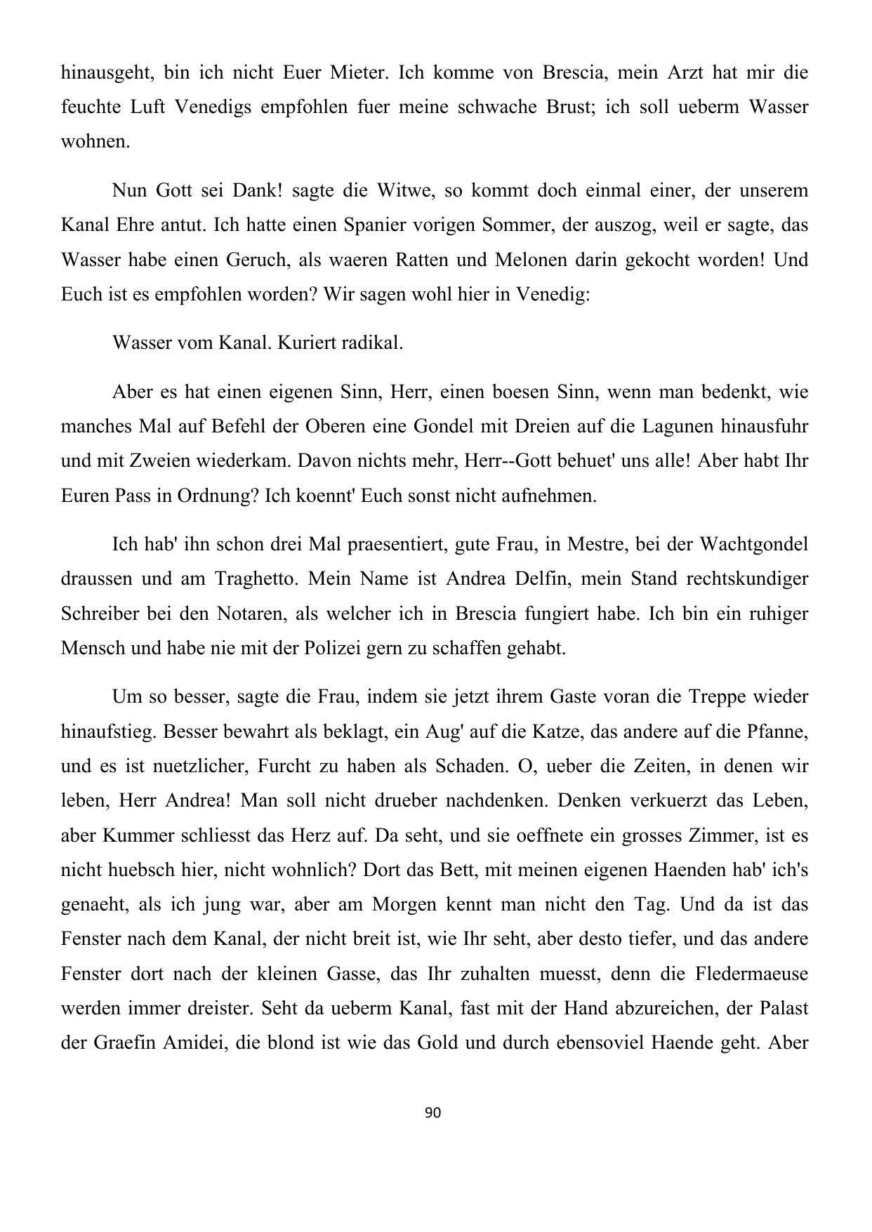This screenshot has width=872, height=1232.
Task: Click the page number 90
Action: [433, 1112]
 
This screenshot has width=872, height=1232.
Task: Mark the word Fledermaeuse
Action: [751, 974]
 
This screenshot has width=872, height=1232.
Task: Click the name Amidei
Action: [193, 1042]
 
